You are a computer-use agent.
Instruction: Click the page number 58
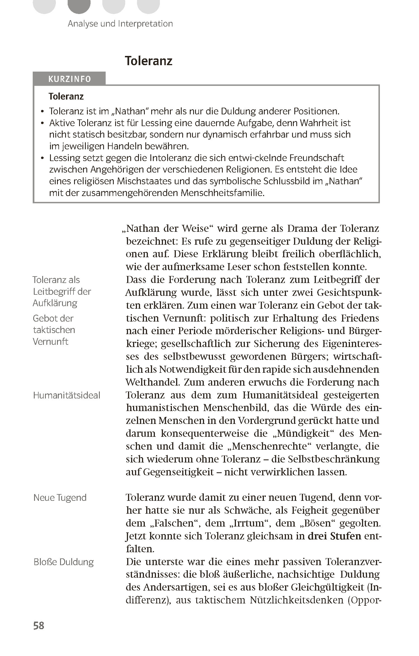[39, 626]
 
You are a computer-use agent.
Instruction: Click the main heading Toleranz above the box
[148, 61]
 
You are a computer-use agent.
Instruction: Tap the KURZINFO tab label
[70, 79]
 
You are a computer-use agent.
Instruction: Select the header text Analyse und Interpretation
[120, 23]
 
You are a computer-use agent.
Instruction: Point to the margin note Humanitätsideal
[67, 395]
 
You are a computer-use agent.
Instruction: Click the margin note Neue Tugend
[60, 497]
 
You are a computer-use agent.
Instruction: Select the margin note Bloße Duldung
[63, 562]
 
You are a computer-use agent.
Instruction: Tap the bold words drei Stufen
[334, 536]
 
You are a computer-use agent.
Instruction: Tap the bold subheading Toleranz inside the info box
[66, 96]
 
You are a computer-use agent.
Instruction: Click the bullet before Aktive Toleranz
[42, 123]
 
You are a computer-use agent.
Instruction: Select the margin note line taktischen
[54, 330]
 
